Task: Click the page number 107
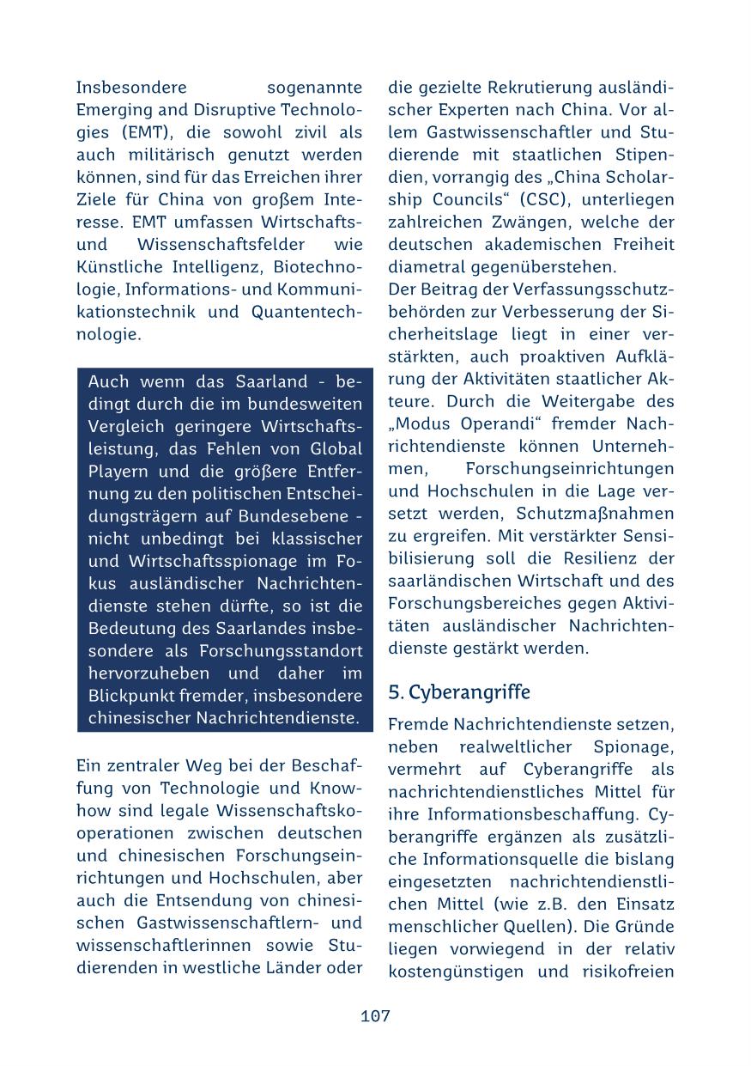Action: click(375, 1016)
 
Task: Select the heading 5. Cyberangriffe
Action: click(459, 692)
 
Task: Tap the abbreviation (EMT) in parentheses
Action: click(132, 132)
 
